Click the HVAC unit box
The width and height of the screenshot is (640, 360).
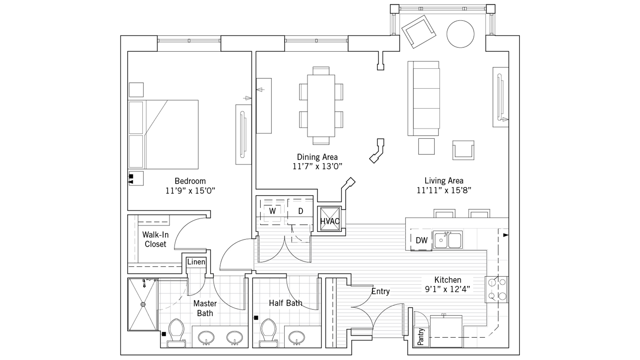click(330, 219)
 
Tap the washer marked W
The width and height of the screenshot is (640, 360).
click(272, 211)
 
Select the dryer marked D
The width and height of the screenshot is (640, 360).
click(301, 211)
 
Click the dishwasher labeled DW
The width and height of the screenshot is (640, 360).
click(421, 240)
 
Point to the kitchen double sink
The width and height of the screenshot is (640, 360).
click(448, 240)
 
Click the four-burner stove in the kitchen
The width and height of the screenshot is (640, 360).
click(496, 289)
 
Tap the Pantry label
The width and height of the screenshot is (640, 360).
click(421, 337)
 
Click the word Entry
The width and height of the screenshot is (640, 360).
click(380, 292)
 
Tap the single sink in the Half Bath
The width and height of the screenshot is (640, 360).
click(297, 337)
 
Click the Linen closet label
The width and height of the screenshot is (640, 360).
click(196, 262)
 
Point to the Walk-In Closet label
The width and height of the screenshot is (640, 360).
click(155, 239)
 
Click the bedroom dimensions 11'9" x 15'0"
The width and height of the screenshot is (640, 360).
click(190, 191)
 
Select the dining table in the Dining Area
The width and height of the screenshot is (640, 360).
click(321, 106)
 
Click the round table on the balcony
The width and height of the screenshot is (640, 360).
click(460, 34)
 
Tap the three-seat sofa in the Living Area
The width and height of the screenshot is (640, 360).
click(423, 98)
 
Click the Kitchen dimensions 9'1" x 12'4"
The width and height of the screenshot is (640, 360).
click(448, 290)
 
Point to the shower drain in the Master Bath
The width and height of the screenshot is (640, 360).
click(143, 304)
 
